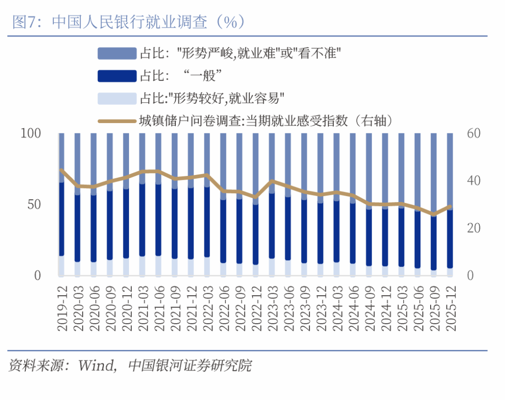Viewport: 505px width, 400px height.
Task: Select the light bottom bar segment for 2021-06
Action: [159, 265]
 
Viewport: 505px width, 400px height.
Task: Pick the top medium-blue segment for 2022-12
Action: [255, 166]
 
